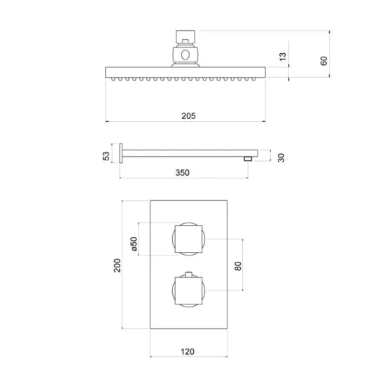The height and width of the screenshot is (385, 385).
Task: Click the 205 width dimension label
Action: (188, 115)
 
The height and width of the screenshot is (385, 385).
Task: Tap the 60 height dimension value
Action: (324, 61)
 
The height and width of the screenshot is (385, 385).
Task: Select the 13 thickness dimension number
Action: (283, 57)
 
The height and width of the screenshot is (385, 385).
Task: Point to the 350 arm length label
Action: (183, 173)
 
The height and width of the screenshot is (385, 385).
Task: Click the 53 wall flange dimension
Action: (106, 156)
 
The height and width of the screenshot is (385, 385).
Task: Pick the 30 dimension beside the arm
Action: (281, 157)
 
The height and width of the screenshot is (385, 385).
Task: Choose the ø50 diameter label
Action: (134, 244)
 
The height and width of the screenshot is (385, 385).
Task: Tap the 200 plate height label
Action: (118, 265)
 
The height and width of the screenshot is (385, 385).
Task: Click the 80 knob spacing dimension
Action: (238, 266)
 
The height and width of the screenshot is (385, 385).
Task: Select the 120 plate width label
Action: (188, 351)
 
